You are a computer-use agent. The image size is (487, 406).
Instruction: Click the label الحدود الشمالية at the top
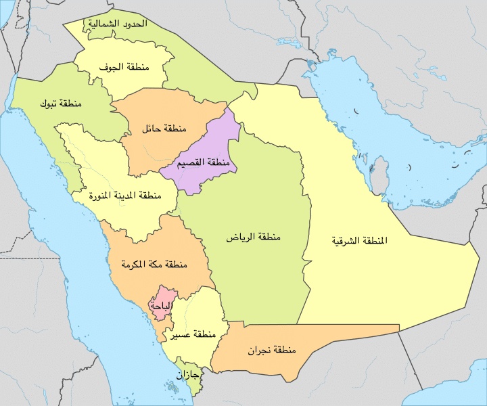(x=116, y=24)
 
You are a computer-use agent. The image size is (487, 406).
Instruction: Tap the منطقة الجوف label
(x=124, y=68)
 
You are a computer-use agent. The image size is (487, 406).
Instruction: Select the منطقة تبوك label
(x=61, y=104)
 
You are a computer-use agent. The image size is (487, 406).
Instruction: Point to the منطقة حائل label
(x=164, y=128)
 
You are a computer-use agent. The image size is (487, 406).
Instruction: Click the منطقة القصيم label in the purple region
(x=199, y=164)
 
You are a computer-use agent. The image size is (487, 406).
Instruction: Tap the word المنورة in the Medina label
(x=104, y=196)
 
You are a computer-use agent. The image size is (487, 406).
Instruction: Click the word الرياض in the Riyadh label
(x=239, y=238)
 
